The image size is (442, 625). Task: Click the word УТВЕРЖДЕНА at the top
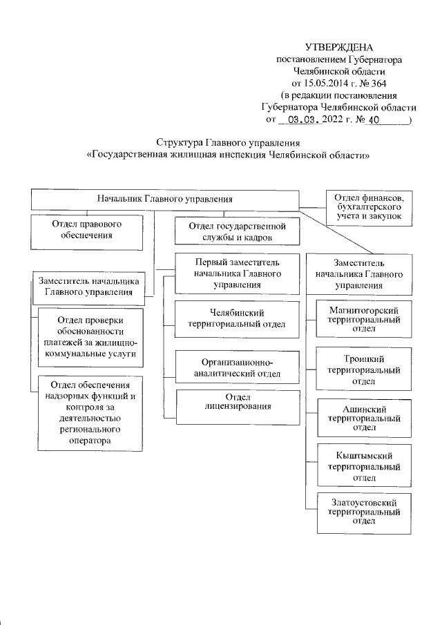(338, 48)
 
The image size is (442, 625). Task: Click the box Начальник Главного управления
(164, 200)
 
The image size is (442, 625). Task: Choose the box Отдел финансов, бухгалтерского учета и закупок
(369, 207)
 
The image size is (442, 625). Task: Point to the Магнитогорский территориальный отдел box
(363, 316)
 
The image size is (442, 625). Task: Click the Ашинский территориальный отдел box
(363, 417)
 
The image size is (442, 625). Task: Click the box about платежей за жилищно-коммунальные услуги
(90, 336)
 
